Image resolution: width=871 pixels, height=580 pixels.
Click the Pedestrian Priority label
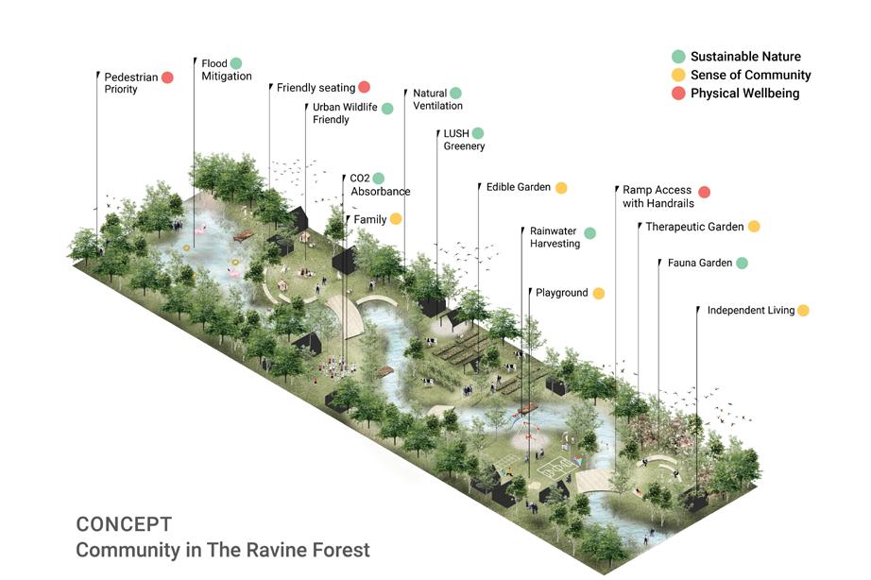click(x=130, y=83)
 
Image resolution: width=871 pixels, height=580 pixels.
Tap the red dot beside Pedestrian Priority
click(x=167, y=77)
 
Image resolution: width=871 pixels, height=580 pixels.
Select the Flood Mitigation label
click(x=226, y=70)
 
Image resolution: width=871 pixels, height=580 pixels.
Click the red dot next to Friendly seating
click(x=364, y=88)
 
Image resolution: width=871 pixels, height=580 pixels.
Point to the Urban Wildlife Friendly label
click(x=345, y=114)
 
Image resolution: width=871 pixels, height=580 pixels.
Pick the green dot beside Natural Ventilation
click(x=455, y=93)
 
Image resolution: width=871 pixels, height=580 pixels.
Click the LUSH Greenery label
click(x=464, y=140)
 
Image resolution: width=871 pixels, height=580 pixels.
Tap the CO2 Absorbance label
click(x=380, y=184)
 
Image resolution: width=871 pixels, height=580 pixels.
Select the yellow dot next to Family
click(x=396, y=219)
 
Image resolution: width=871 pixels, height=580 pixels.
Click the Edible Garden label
click(x=519, y=187)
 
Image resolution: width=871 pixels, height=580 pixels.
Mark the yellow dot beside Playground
click(x=598, y=294)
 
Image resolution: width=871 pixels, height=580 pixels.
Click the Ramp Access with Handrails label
click(x=658, y=196)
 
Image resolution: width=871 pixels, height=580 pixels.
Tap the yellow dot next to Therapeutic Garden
click(x=754, y=227)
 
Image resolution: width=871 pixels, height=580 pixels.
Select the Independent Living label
click(x=751, y=310)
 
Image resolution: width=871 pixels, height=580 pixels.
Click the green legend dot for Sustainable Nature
click(x=677, y=57)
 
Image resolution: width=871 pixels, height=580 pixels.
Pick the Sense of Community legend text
click(x=750, y=75)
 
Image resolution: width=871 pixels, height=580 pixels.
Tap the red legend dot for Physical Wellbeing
click(x=677, y=94)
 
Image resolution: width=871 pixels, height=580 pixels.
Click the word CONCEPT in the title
click(x=124, y=524)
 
